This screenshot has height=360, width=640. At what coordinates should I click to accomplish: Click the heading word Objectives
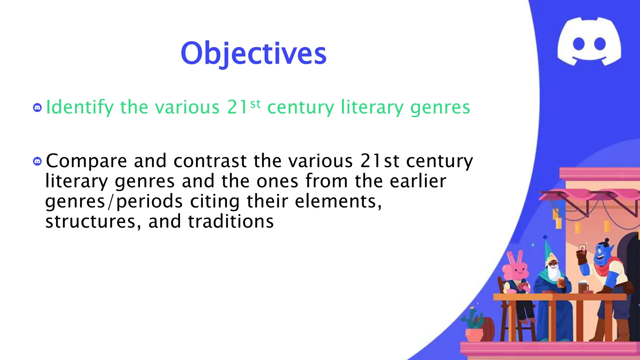click(x=253, y=53)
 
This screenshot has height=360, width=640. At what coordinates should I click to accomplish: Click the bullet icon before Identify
click(x=37, y=108)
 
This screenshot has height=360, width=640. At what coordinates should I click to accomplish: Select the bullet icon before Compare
click(x=37, y=161)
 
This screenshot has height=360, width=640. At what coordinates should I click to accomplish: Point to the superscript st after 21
click(x=255, y=104)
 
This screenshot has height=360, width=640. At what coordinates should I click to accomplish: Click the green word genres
click(x=440, y=108)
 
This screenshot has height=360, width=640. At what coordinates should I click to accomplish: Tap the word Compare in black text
click(x=86, y=161)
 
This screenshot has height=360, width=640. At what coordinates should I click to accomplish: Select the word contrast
click(x=210, y=161)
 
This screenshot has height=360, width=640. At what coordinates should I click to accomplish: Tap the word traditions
click(x=231, y=222)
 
